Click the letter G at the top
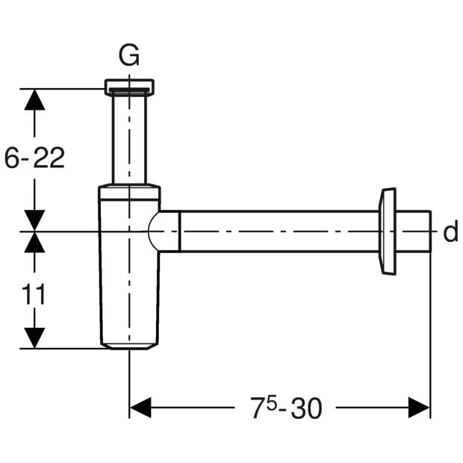coord(129,55)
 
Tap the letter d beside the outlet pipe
coord(451,232)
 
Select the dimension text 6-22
coord(34,158)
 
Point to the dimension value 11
coord(34,293)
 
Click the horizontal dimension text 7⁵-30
coord(286,408)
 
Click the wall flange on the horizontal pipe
coord(387,232)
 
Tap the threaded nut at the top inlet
coord(129,87)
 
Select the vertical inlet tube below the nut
coord(129,138)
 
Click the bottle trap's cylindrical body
coord(129,272)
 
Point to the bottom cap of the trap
coord(129,346)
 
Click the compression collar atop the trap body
coord(129,192)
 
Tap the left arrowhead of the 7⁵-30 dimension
coord(140,408)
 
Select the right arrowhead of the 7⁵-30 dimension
coord(419,408)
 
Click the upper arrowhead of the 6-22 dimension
coord(34,99)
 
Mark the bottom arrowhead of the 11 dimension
coord(34,338)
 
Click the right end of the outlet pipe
coord(431,232)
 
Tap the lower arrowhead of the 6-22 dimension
coord(34,220)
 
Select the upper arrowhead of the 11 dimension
coord(34,242)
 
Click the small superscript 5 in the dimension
coord(271,403)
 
